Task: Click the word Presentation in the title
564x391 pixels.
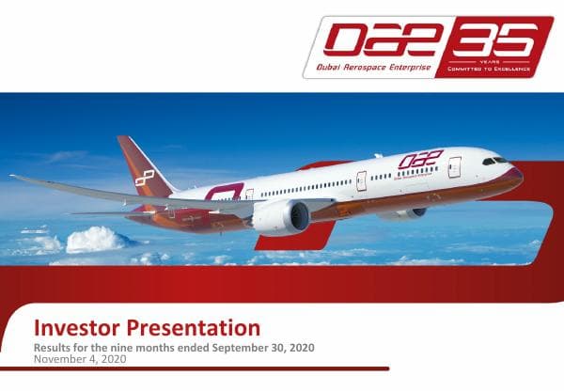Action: (x=196, y=328)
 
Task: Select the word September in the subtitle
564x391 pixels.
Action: (x=238, y=348)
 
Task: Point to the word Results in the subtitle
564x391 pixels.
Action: (x=55, y=348)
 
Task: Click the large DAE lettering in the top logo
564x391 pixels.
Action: (x=375, y=40)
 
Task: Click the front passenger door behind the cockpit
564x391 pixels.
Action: (x=455, y=167)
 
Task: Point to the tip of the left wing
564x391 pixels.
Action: (x=13, y=177)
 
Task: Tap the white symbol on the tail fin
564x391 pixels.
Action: (x=144, y=177)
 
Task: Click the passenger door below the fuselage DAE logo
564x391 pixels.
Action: (x=361, y=180)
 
